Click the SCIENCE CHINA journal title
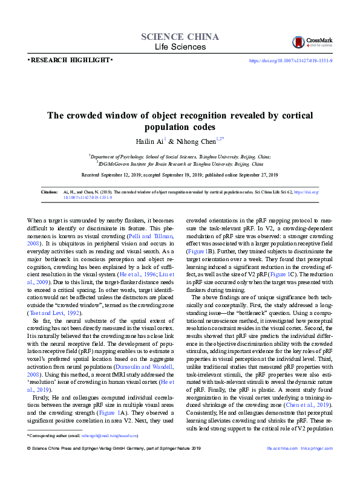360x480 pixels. [x=180, y=37]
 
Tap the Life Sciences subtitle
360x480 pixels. [x=180, y=47]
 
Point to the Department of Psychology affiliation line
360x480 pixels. [x=180, y=155]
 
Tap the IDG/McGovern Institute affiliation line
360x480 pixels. [x=180, y=163]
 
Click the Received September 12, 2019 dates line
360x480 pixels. [x=180, y=175]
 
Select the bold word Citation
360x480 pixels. [x=49, y=192]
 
